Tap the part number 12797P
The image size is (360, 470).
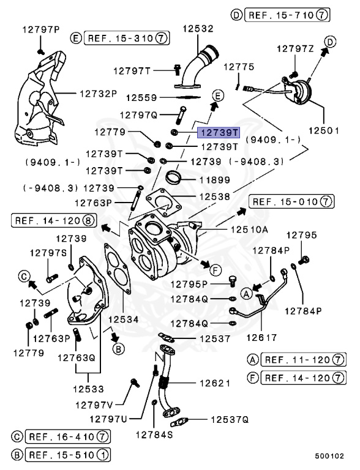tap(42, 29)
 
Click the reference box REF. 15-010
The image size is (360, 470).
tap(291, 201)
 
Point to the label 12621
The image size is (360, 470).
tap(214, 384)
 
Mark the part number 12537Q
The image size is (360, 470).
tap(230, 420)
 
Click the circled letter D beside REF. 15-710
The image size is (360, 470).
tap(237, 14)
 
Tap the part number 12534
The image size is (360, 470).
tap(124, 319)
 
